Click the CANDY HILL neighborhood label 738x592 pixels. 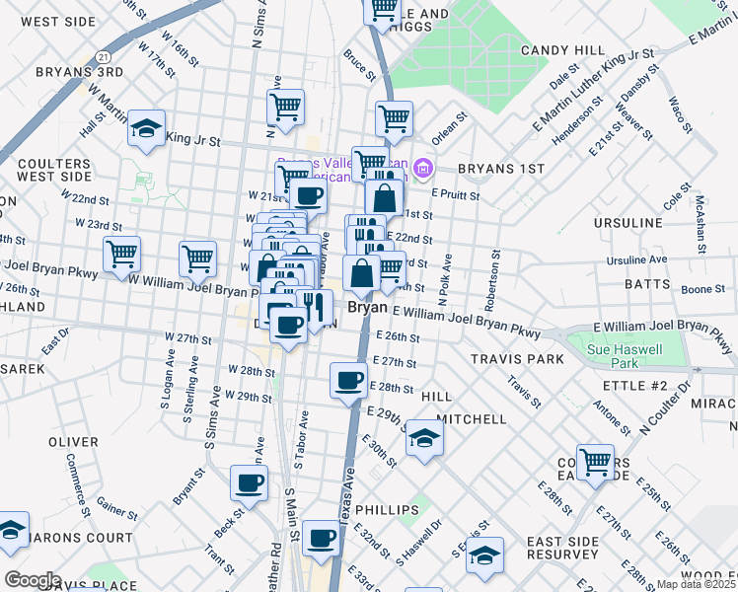(x=562, y=50)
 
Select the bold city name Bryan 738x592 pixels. (x=366, y=308)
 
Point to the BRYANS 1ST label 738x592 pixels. (x=501, y=169)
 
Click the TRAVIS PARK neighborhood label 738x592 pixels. (x=517, y=359)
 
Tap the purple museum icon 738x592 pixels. (x=423, y=170)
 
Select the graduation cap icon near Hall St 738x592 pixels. (x=146, y=128)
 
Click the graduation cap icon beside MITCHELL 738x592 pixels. (x=424, y=435)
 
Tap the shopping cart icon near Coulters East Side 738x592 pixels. (x=595, y=461)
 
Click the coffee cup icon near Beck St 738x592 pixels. (x=249, y=482)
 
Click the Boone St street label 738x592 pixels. (x=702, y=289)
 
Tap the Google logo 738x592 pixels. (x=33, y=580)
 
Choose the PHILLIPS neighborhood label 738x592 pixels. (x=387, y=510)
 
